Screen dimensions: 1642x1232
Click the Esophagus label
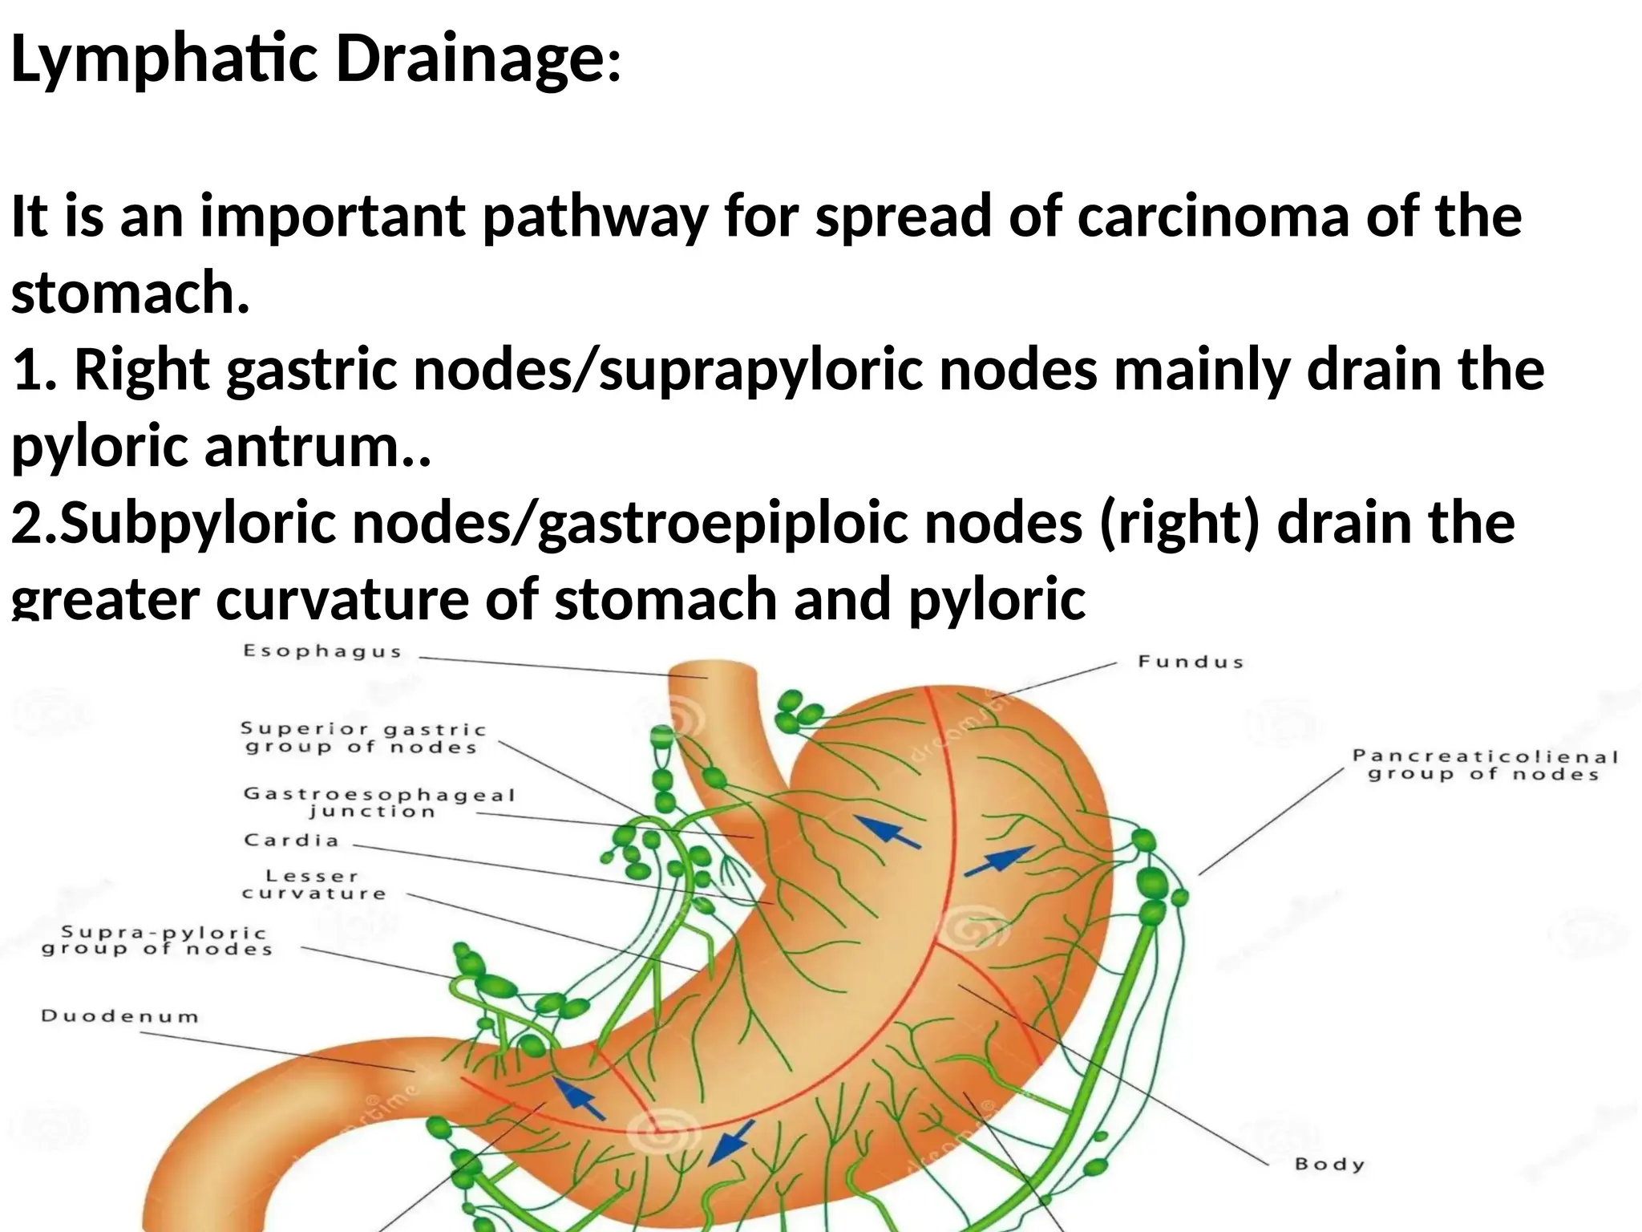click(322, 651)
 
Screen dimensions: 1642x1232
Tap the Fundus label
click(1191, 662)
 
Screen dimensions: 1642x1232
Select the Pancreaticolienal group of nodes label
click(1485, 765)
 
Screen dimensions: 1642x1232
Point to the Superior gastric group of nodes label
click(363, 738)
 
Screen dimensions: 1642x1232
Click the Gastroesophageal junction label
click(379, 802)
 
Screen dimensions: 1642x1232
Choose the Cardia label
click(292, 841)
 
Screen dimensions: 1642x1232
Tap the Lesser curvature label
click(313, 885)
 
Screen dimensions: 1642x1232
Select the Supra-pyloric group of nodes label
click(157, 941)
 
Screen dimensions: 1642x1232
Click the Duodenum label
click(120, 1016)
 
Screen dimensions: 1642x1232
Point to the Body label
click(1329, 1164)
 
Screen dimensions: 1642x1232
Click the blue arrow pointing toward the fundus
click(998, 861)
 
